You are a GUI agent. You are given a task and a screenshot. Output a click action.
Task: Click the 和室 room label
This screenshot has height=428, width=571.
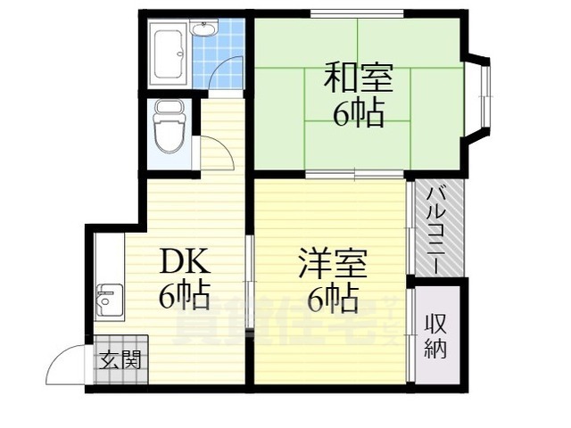pyautogui.click(x=357, y=78)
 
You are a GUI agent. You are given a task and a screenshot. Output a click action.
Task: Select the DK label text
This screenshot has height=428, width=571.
pyautogui.click(x=185, y=262)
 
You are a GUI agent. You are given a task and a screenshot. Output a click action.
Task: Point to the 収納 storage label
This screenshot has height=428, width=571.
pyautogui.click(x=434, y=335)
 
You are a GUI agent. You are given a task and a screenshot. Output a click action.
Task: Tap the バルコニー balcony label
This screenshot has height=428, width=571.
pyautogui.click(x=435, y=227)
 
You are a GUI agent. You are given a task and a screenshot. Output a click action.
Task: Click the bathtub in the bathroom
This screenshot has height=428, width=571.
pyautogui.click(x=169, y=55)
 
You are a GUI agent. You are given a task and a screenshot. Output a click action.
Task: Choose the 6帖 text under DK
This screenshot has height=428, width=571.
pyautogui.click(x=185, y=295)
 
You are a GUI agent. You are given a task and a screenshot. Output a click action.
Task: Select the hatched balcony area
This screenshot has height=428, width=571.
pyautogui.click(x=436, y=227)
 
